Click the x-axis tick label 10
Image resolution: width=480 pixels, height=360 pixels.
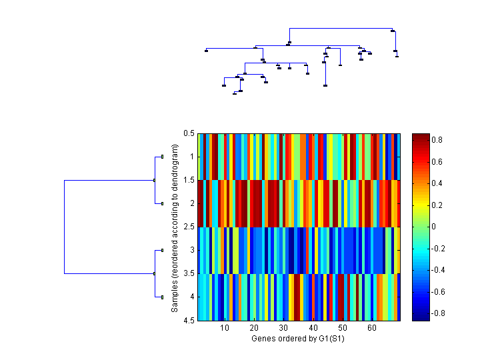(225, 329)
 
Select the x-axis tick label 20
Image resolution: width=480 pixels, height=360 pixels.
(254, 329)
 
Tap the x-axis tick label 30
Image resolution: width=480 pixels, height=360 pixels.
(283, 329)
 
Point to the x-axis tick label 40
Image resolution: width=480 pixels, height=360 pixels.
(313, 329)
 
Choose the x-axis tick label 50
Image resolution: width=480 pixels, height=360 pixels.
(343, 329)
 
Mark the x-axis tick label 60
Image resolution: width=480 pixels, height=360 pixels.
(372, 329)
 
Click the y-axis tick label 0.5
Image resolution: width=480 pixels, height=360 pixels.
(189, 133)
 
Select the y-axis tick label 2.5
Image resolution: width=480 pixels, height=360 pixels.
(189, 227)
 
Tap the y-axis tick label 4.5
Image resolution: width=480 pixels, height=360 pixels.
(189, 321)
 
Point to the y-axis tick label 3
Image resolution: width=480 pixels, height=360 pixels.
(192, 251)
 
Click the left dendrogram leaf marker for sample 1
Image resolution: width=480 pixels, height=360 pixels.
(162, 157)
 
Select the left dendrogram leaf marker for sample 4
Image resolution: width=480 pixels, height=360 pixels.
(162, 297)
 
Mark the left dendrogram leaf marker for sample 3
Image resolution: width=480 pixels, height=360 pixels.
(162, 250)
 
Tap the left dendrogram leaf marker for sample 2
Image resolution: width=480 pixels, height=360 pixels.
(162, 203)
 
